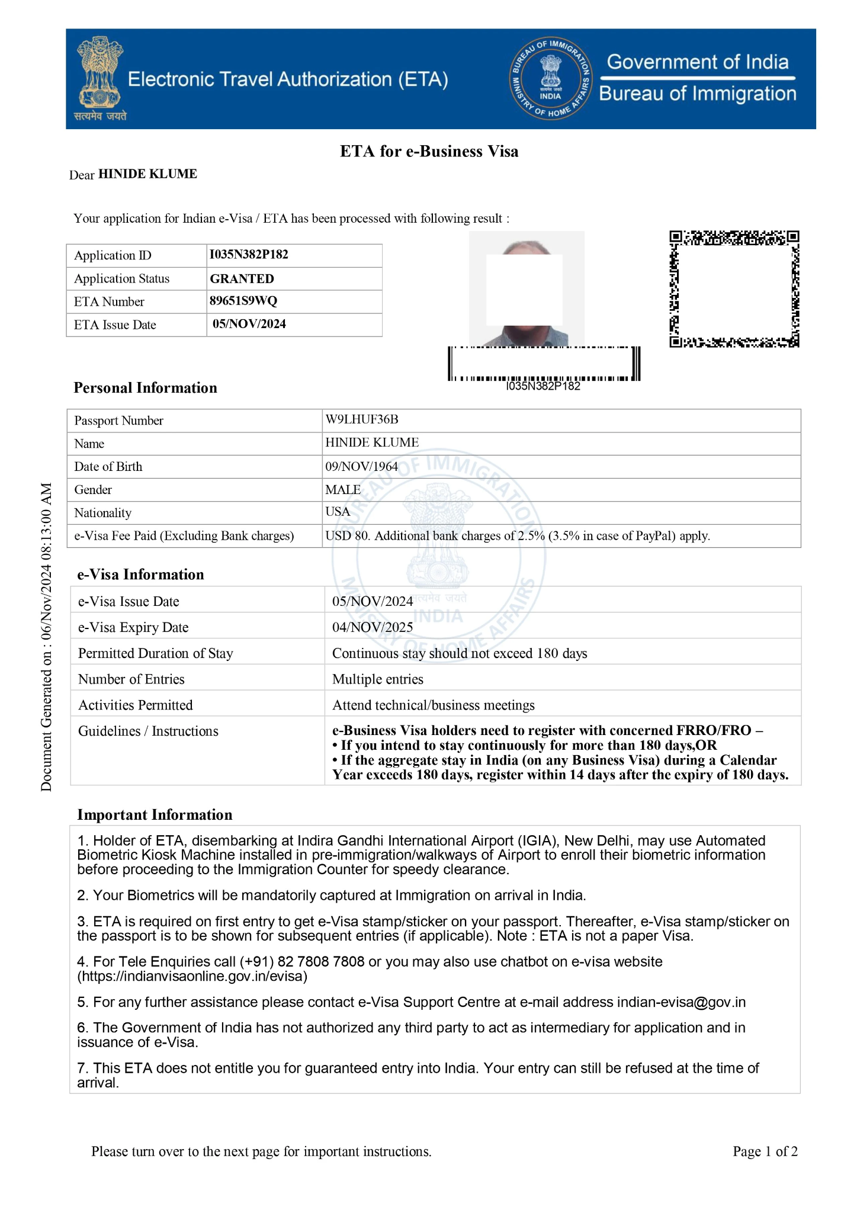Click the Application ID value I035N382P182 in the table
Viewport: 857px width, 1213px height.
[x=249, y=255]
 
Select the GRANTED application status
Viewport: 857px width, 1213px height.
[x=242, y=278]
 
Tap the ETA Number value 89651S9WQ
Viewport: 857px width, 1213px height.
[x=243, y=301]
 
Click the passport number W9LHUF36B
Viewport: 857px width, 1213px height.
[x=362, y=419]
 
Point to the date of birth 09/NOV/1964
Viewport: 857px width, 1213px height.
[x=361, y=466]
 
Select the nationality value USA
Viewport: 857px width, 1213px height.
[x=338, y=512]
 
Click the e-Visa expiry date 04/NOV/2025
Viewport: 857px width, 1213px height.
[x=373, y=627]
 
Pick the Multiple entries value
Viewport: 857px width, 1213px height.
[x=378, y=679]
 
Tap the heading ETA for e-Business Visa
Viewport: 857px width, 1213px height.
[x=429, y=152]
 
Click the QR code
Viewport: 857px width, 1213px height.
[x=734, y=289]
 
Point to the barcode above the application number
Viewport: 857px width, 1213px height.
[x=544, y=364]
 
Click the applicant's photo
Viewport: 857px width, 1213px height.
[x=527, y=288]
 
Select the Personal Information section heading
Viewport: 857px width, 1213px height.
[x=145, y=388]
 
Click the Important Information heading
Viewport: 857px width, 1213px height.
[x=155, y=815]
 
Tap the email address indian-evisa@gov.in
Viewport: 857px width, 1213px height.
[x=681, y=1002]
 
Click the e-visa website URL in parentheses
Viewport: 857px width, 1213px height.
[x=192, y=976]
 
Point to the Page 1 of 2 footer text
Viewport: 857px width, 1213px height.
[x=765, y=1151]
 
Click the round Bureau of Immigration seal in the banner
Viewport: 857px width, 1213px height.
[x=550, y=79]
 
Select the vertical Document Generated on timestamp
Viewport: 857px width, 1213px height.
[x=47, y=637]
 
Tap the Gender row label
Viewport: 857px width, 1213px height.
[x=93, y=490]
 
